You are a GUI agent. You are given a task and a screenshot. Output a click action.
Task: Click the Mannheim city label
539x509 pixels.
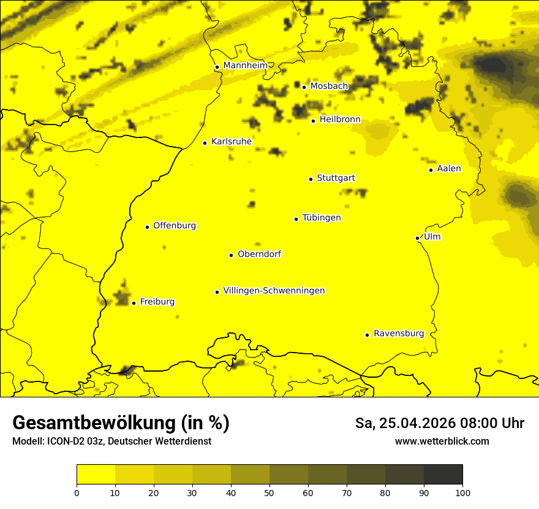pos(245,66)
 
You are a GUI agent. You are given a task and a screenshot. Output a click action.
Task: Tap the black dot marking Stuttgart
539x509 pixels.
pos(311,179)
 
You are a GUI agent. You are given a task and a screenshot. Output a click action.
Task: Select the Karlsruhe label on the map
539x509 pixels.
pos(231,142)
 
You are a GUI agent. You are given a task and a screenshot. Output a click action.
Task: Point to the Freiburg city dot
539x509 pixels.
pos(134,303)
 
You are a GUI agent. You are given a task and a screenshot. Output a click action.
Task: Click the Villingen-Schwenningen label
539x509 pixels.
pos(274,291)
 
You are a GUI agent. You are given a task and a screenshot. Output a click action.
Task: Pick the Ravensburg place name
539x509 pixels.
pos(398,334)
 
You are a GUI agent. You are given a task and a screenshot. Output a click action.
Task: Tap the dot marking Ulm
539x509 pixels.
pos(417,238)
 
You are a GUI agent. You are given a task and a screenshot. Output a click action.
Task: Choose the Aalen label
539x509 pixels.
pos(448,169)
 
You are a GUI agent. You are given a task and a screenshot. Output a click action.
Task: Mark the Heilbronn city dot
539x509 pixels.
pos(313,121)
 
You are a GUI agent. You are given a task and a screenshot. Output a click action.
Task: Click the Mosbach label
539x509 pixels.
pos(329,86)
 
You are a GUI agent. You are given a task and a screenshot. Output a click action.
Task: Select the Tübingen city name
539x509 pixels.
pos(322,218)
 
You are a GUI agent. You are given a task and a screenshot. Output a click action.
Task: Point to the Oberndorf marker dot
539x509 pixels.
pos(231,255)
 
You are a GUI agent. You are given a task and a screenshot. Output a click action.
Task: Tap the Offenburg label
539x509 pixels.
pos(175,226)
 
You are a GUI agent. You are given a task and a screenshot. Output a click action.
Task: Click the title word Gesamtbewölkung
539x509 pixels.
pos(95,423)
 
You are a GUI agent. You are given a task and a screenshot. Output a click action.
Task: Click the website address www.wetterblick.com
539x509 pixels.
pos(442,442)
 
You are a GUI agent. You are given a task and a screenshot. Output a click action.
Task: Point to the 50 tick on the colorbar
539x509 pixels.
pos(269,492)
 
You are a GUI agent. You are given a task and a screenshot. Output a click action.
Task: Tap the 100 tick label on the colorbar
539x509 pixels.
pos(462,492)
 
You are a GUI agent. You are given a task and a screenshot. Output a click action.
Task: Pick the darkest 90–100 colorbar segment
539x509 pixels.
pos(443,474)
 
